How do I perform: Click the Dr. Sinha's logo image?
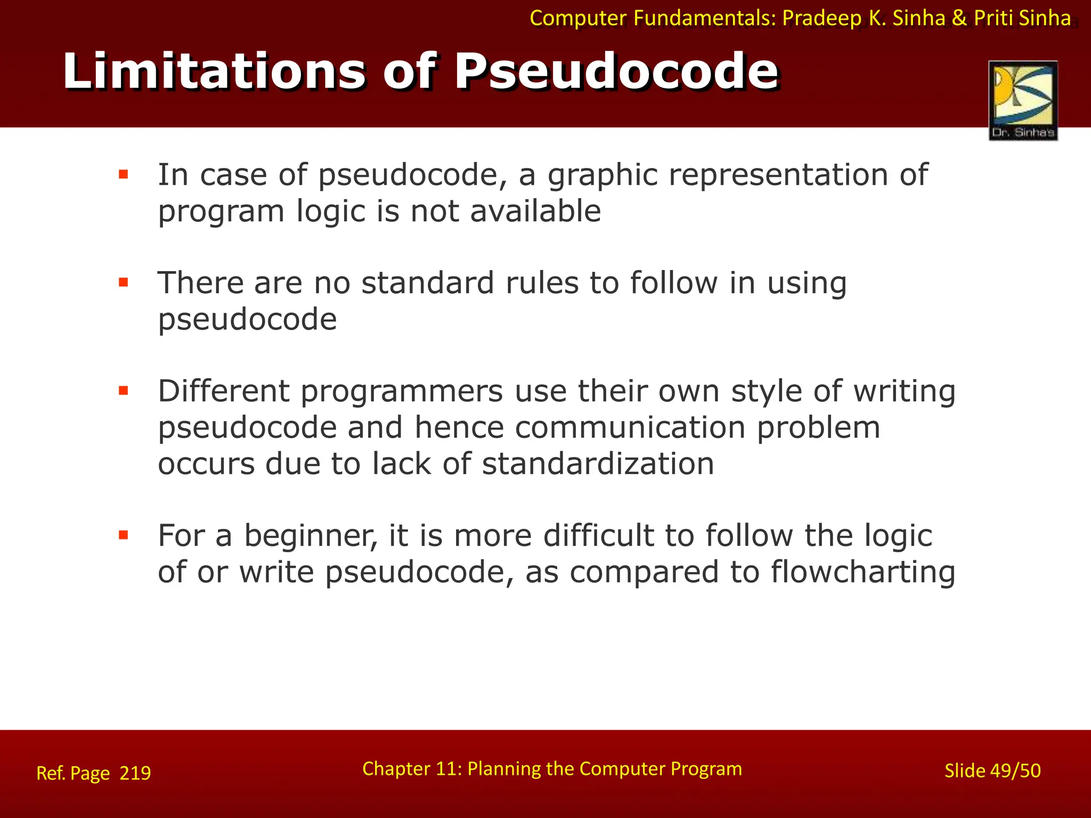click(1023, 101)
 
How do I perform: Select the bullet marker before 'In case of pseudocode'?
click(124, 174)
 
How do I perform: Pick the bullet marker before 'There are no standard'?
click(124, 282)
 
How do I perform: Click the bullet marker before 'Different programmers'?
click(124, 391)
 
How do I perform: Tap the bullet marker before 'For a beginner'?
click(124, 535)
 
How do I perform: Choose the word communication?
click(630, 427)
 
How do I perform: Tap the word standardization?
click(598, 463)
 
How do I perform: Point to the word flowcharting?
click(863, 572)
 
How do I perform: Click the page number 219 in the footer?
click(135, 773)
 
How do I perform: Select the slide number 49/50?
click(1014, 771)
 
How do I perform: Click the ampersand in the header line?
click(959, 18)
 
